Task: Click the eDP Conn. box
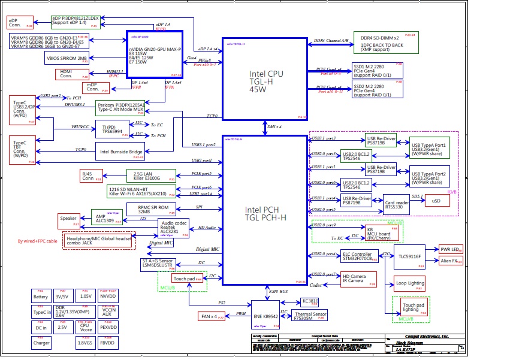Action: (x=20, y=23)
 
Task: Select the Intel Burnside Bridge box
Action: (x=120, y=152)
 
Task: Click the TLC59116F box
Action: (x=409, y=256)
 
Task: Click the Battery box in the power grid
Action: (x=41, y=297)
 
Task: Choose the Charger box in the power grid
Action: (x=41, y=343)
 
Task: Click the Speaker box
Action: (x=68, y=219)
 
